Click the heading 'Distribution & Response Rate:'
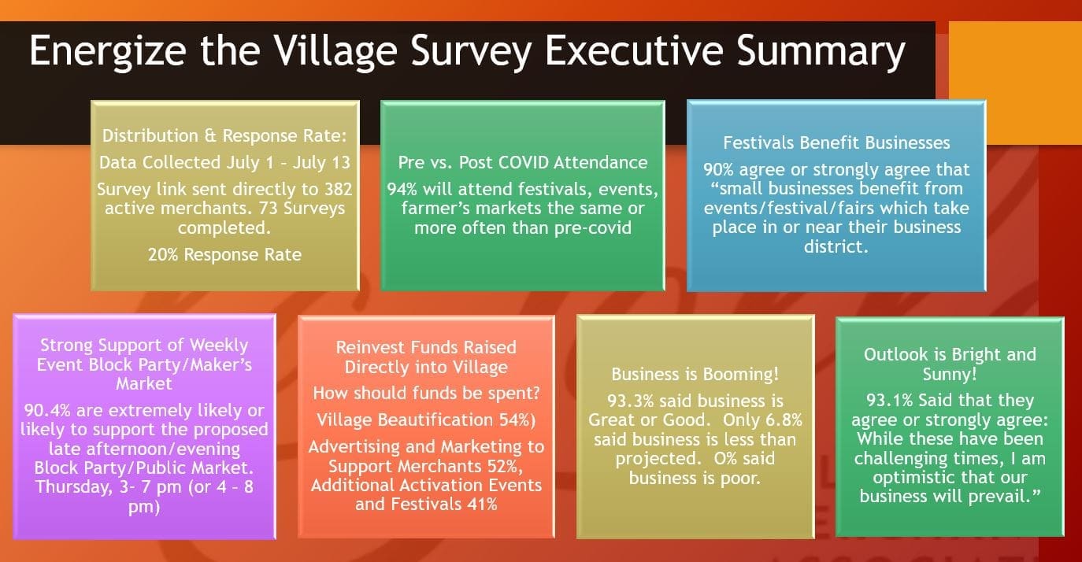tap(224, 135)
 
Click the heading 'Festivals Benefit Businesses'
tap(836, 142)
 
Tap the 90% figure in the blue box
tap(721, 169)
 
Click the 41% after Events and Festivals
tap(480, 504)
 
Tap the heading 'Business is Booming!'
tap(695, 374)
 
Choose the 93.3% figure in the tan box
tap(632, 400)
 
